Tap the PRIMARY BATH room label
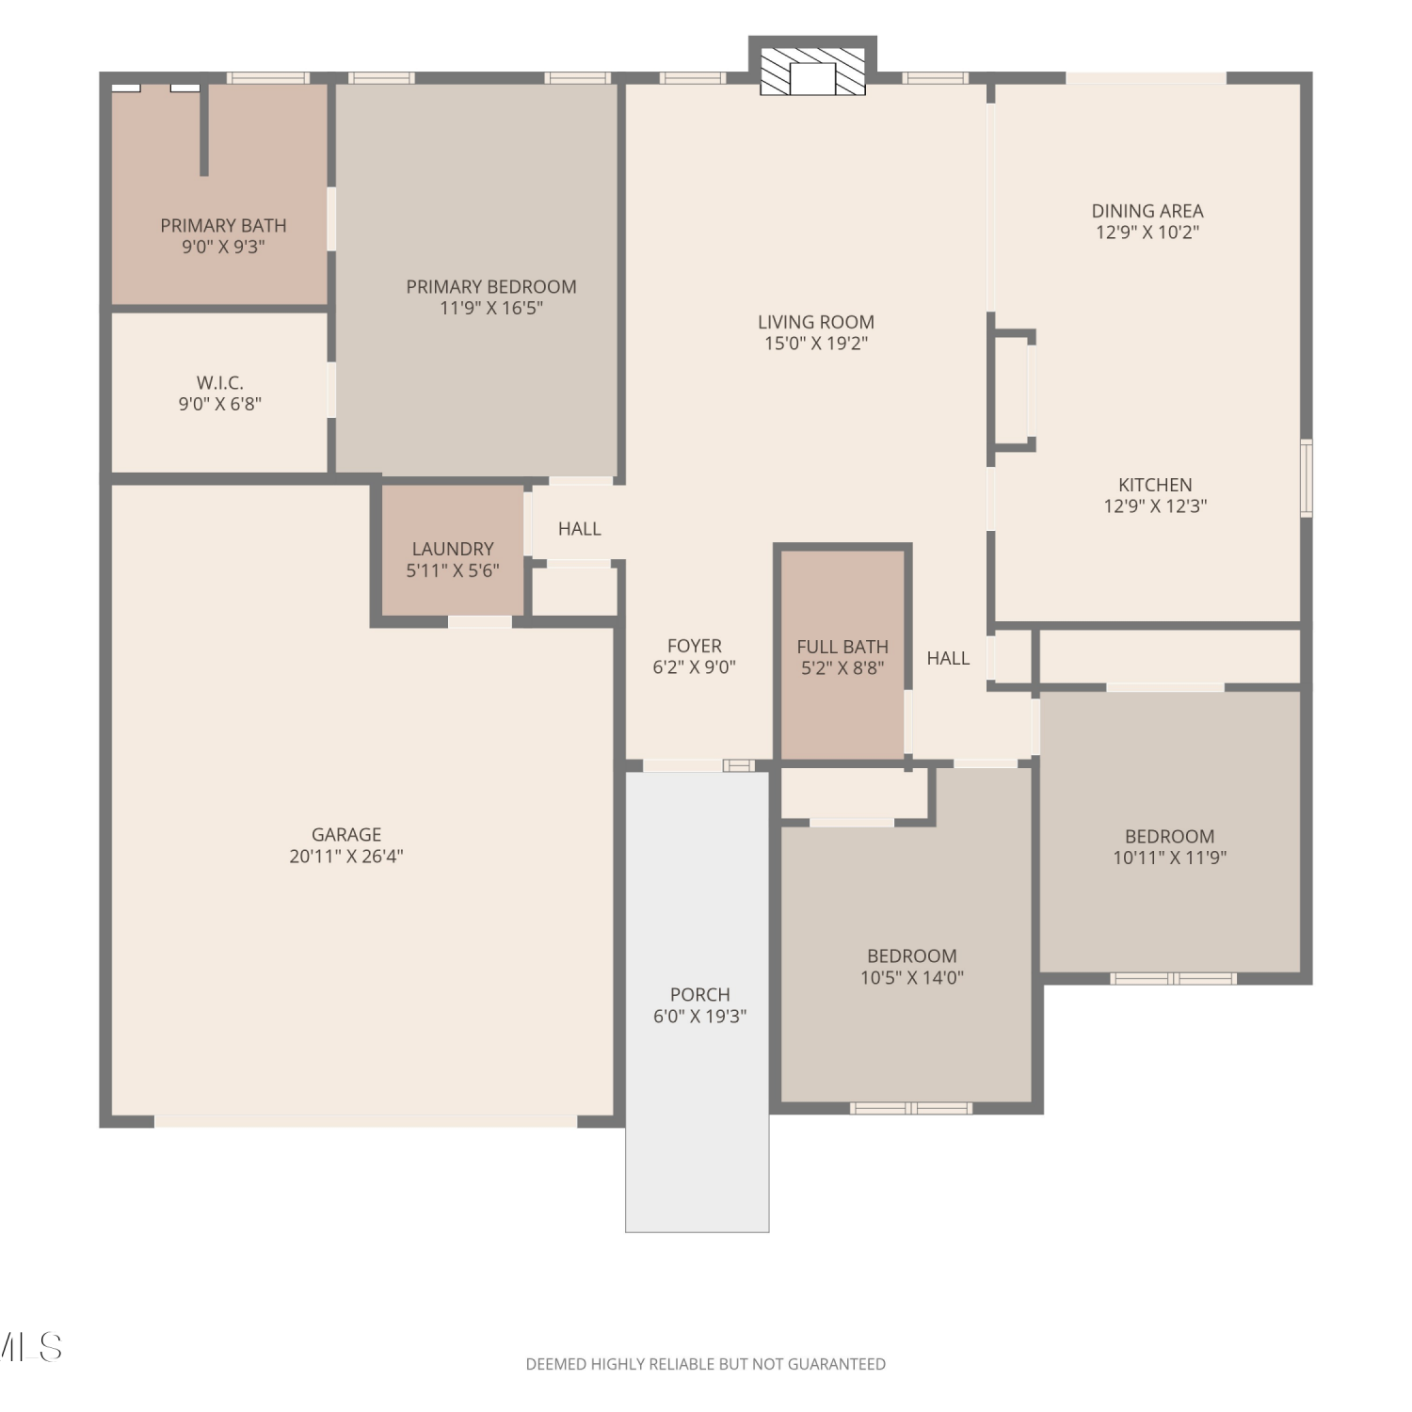click(223, 226)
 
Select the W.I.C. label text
click(220, 383)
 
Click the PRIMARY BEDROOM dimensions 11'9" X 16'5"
click(491, 308)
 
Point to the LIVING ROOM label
click(816, 322)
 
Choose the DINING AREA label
click(1147, 211)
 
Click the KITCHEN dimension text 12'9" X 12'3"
click(1155, 505)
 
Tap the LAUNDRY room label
click(453, 549)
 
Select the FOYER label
click(695, 646)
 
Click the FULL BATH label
click(842, 647)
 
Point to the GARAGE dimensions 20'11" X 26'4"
click(346, 856)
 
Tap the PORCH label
click(700, 994)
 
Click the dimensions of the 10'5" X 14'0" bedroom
click(912, 977)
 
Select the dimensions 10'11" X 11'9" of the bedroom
click(1170, 858)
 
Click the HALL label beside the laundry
click(580, 529)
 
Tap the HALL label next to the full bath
click(948, 658)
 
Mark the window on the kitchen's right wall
click(1307, 478)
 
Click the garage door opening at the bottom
click(365, 1121)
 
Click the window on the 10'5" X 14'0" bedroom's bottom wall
click(911, 1108)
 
